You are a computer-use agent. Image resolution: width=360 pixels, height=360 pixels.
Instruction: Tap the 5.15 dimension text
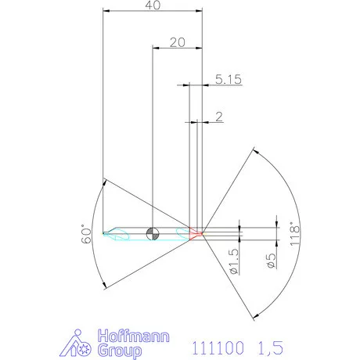pos(226,79)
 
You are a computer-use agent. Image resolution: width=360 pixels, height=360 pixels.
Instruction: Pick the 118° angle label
pos(294,232)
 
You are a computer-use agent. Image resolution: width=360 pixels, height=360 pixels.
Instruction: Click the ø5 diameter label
pos(271,261)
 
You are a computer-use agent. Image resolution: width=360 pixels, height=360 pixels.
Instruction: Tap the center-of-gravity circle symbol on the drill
pos(153,232)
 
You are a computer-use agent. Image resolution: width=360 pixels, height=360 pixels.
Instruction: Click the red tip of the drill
pos(199,232)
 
